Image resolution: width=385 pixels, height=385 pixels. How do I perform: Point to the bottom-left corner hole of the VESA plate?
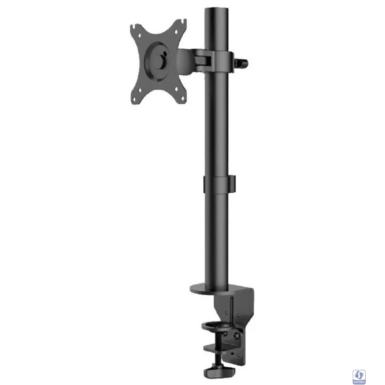point(139,91)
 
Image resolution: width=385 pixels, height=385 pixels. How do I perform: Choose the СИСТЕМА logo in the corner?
point(360,371)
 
